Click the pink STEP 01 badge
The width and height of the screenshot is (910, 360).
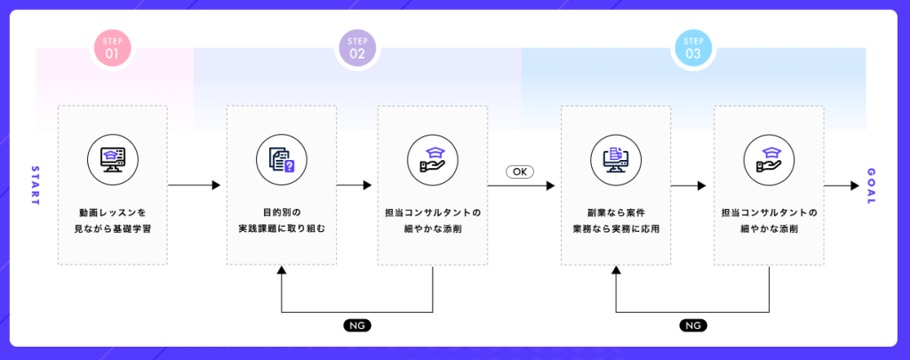click(x=113, y=48)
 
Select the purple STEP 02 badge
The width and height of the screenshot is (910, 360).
click(x=357, y=48)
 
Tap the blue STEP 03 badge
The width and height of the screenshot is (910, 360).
click(x=693, y=48)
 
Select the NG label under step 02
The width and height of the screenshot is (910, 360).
click(x=357, y=325)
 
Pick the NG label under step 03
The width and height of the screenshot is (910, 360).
click(x=693, y=325)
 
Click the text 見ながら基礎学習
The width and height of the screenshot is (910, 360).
click(x=113, y=228)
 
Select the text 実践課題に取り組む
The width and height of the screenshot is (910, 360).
click(x=281, y=228)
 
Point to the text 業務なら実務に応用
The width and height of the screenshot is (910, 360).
click(x=616, y=228)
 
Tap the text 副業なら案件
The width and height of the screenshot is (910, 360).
click(x=616, y=212)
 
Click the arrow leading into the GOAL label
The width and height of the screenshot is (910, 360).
click(x=840, y=186)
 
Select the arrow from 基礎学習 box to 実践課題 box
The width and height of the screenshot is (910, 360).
click(x=195, y=186)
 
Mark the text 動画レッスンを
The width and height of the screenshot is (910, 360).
click(x=113, y=212)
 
